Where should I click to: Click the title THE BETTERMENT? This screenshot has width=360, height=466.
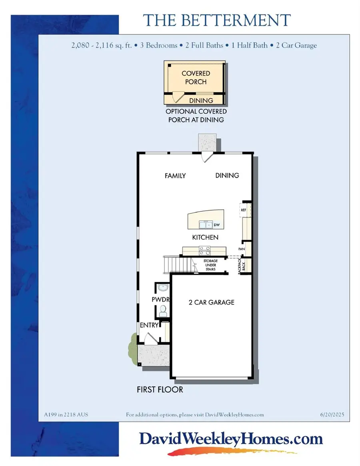pos(217,20)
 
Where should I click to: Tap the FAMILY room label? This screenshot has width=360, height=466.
pos(175,175)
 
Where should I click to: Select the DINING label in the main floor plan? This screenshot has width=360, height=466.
pos(227,175)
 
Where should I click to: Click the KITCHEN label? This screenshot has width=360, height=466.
pos(205,237)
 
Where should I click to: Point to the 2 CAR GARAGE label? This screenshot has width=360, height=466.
pos(211,302)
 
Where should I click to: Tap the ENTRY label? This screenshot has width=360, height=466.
pos(149,325)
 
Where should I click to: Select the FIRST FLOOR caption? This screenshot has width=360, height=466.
pos(160,389)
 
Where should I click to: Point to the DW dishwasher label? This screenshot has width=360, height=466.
pos(216,225)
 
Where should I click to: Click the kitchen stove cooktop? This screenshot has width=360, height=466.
pos(205,251)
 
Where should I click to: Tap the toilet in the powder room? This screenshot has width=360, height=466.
pos(163,310)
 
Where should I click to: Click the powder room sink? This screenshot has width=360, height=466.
pos(162,287)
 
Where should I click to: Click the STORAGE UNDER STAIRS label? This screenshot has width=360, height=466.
pos(210,265)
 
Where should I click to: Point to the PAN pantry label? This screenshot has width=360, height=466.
pos(242,249)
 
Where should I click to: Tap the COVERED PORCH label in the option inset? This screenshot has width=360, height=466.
pos(196,78)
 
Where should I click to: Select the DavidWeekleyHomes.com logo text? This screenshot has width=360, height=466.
pos(231,439)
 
